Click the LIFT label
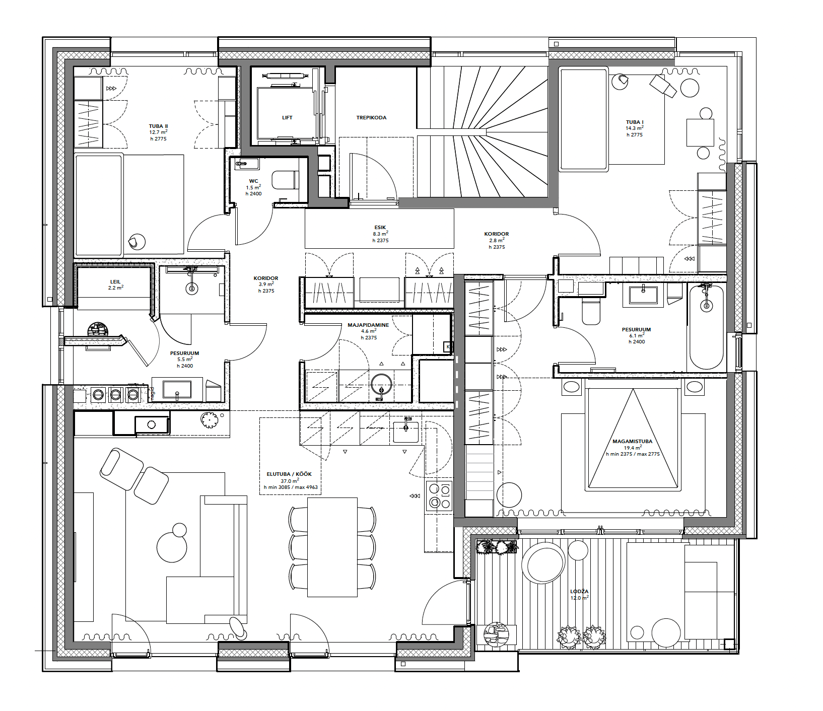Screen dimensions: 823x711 pyautogui.click(x=287, y=117)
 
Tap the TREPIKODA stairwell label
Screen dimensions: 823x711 pyautogui.click(x=371, y=117)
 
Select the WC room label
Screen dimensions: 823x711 pyautogui.click(x=253, y=181)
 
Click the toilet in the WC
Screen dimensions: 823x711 pyautogui.click(x=285, y=180)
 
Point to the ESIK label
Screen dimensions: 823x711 pyautogui.click(x=380, y=227)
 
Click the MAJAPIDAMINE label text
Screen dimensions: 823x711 pyautogui.click(x=368, y=325)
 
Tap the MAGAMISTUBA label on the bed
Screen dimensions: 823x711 pyautogui.click(x=632, y=441)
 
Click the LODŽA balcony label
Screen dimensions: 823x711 pyautogui.click(x=579, y=591)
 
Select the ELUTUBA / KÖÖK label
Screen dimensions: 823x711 pyautogui.click(x=289, y=474)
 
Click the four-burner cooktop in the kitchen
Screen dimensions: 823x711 pyautogui.click(x=439, y=496)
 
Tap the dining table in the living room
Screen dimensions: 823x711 pyautogui.click(x=332, y=547)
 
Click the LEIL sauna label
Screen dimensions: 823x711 pyautogui.click(x=115, y=281)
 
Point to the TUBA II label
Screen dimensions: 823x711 pyautogui.click(x=158, y=126)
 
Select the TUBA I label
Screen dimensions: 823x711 pyautogui.click(x=635, y=122)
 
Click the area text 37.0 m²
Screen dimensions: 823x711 pyautogui.click(x=290, y=481)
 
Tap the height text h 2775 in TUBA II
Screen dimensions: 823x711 pyautogui.click(x=158, y=138)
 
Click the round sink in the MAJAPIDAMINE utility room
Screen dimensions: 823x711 pyautogui.click(x=381, y=385)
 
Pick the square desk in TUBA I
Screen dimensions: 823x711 pyautogui.click(x=700, y=132)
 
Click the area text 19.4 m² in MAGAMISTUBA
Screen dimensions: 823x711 pyautogui.click(x=633, y=447)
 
